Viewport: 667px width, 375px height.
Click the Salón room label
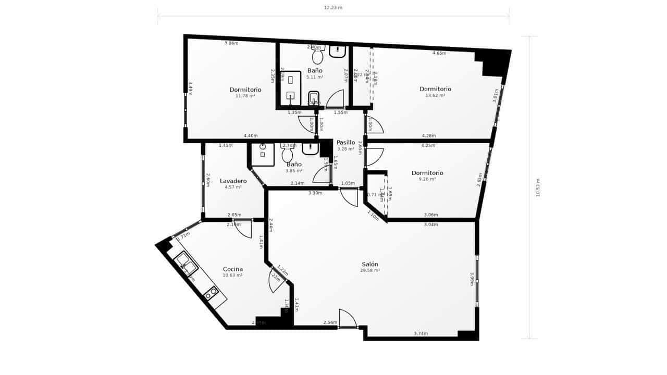tap(370, 264)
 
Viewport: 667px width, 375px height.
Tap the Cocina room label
tap(232, 269)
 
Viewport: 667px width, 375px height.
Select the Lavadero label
tap(233, 181)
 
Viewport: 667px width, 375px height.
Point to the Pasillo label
tap(345, 142)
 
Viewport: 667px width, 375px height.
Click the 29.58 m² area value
tap(370, 271)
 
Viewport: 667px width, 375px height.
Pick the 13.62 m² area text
tap(435, 96)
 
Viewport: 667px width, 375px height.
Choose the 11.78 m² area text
tap(245, 96)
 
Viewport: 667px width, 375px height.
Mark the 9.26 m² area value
tap(427, 179)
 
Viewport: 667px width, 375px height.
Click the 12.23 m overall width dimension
tap(333, 8)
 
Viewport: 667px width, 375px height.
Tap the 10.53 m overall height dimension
tap(538, 187)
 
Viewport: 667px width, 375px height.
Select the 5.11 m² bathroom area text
tap(315, 77)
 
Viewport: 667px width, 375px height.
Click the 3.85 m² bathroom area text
tap(294, 171)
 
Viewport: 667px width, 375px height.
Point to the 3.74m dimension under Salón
tap(421, 333)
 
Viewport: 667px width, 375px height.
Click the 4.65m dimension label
tap(439, 53)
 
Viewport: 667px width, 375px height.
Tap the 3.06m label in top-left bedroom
tap(231, 43)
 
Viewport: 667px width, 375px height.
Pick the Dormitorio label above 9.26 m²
tap(427, 173)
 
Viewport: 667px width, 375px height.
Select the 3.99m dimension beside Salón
tap(472, 280)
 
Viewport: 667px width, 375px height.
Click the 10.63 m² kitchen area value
tap(232, 276)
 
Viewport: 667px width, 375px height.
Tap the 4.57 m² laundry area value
tap(233, 187)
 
